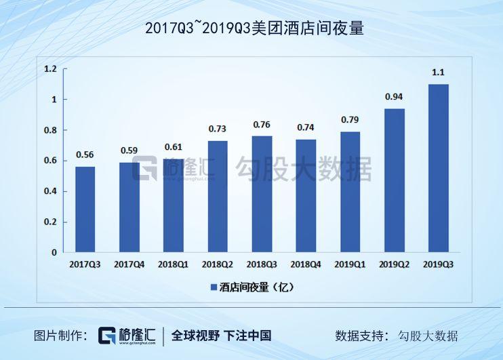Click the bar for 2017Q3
[85, 209]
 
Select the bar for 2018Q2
[218, 197]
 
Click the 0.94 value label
[394, 97]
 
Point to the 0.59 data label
[129, 151]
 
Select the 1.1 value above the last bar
[438, 73]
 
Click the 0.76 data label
[262, 125]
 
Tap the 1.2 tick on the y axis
[50, 69]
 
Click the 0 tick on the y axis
[54, 252]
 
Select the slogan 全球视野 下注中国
[221, 336]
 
